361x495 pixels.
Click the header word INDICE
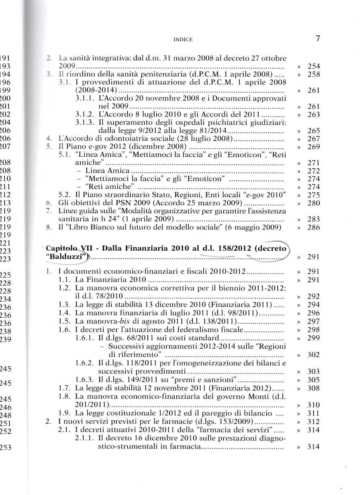(183, 39)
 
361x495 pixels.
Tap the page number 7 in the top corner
(318, 39)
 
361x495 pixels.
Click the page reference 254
(313, 66)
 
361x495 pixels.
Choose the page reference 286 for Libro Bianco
(313, 227)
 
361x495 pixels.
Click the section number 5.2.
(65, 195)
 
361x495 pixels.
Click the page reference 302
(313, 355)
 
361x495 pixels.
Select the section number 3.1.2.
(85, 115)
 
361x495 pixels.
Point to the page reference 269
(313, 147)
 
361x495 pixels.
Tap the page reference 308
(313, 388)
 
